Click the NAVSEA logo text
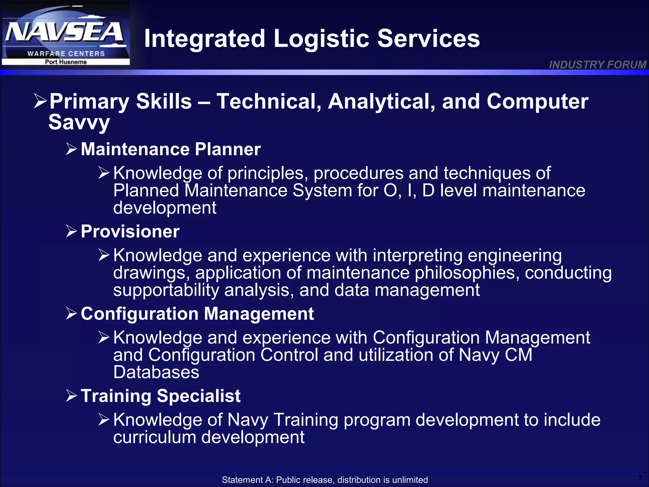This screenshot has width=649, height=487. pos(65,33)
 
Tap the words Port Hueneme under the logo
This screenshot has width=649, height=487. pos(66,62)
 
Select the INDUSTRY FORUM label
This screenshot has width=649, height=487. pos(597,65)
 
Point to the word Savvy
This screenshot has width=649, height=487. pos(79,123)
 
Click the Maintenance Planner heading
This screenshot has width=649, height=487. pos(170,149)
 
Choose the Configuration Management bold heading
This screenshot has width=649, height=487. pos(197,314)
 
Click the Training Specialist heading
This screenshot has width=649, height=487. pos(160,396)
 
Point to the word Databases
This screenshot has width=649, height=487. pos(156,372)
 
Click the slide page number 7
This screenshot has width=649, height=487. pos(640,478)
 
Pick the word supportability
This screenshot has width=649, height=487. pos(166,290)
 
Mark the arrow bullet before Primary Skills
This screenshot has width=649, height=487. pos(41,101)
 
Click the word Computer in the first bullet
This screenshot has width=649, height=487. pos(537,102)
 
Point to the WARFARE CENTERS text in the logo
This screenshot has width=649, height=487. pos(66,54)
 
